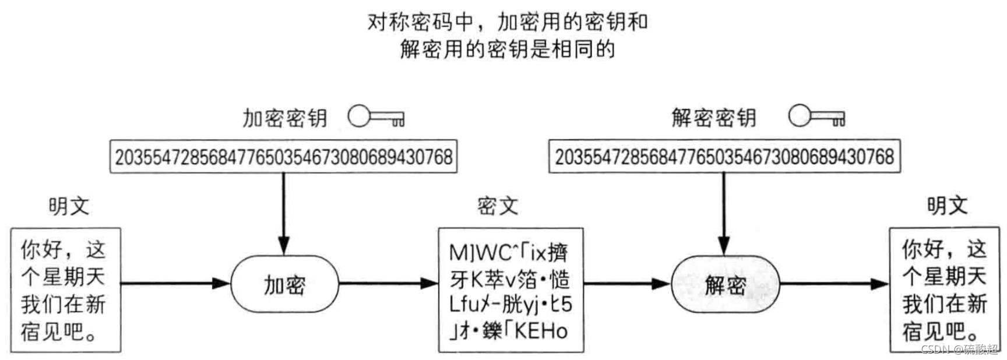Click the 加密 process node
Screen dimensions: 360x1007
(284, 284)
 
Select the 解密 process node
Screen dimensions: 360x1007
(725, 284)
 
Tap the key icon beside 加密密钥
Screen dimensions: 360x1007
(376, 117)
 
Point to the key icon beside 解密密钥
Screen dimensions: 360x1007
(816, 117)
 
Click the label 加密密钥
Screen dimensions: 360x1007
(284, 118)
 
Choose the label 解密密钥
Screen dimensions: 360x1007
(713, 118)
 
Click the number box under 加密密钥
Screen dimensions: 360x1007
(283, 156)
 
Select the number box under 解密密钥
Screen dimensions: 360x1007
(724, 156)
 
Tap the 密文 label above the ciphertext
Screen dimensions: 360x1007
(497, 206)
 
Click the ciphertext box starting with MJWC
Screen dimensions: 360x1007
(511, 290)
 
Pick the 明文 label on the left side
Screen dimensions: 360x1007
(68, 206)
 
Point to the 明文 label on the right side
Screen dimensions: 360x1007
(947, 206)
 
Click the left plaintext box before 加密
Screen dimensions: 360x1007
(66, 290)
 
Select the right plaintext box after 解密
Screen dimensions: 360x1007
(945, 290)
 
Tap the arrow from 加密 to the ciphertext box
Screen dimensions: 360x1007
(388, 284)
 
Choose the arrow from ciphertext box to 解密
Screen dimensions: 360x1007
(627, 284)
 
